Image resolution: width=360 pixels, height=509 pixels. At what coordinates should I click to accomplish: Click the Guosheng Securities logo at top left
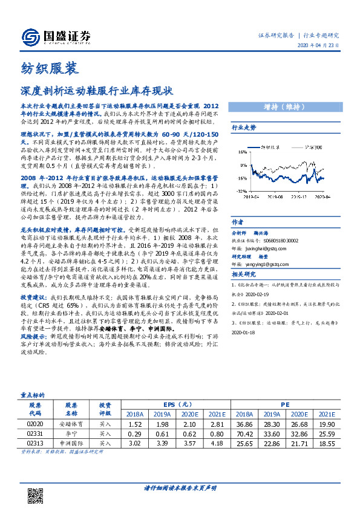click(x=55, y=37)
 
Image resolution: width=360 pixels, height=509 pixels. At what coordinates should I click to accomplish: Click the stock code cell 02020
click(x=34, y=424)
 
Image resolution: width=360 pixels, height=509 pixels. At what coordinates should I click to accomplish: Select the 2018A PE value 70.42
click(x=244, y=433)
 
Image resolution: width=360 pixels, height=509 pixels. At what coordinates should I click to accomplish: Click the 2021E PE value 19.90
click(x=327, y=424)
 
